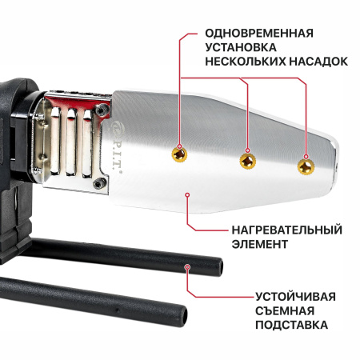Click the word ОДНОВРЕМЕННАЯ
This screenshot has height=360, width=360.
tap(258, 34)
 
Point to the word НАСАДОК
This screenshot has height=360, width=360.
tap(320, 61)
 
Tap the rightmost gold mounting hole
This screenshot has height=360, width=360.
tap(304, 166)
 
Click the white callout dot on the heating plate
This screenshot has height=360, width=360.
tap(187, 193)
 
